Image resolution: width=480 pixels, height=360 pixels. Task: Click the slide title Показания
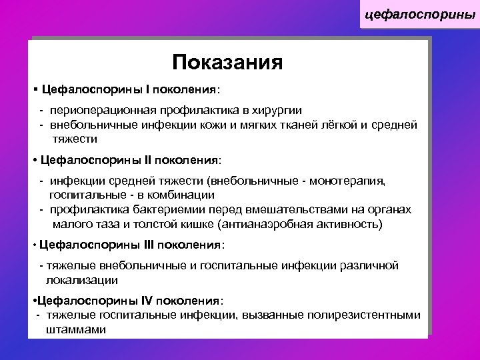[227, 63]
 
